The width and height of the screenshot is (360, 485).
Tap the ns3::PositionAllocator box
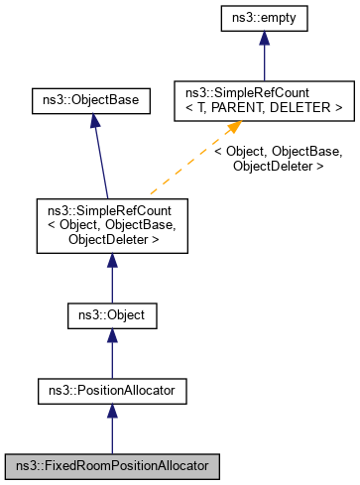point(112,391)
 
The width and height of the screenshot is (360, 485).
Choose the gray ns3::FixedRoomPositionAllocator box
point(112,464)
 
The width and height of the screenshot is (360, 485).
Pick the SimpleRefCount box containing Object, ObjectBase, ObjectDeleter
point(112,225)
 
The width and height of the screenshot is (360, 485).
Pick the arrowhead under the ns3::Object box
point(112,337)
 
